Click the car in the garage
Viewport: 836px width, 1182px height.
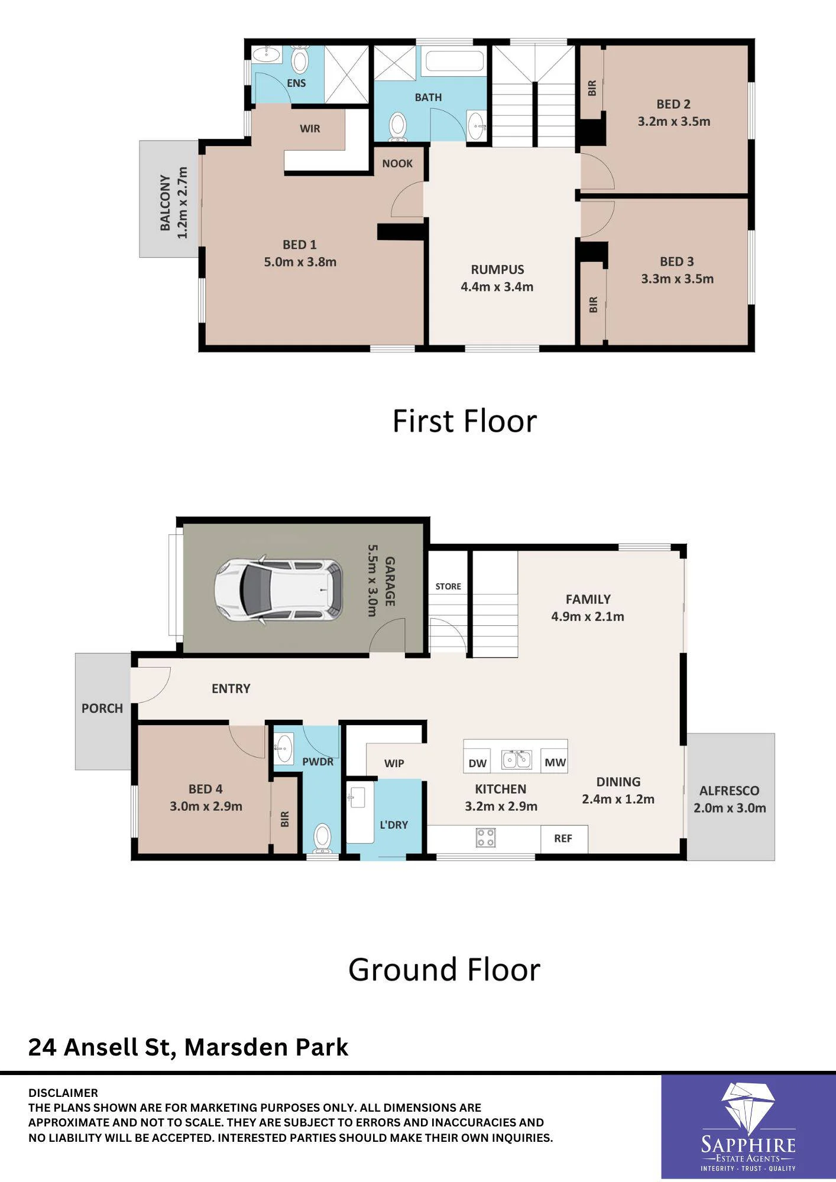(278, 589)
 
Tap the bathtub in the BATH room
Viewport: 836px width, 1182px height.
(455, 61)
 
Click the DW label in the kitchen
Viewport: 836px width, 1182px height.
(477, 763)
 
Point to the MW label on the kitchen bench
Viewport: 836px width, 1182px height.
(555, 762)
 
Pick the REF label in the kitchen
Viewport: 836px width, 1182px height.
(563, 838)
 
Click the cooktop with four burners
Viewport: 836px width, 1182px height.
(486, 837)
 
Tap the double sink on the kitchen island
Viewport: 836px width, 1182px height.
(517, 759)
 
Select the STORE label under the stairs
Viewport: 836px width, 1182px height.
(448, 586)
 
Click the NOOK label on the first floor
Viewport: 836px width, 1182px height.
(397, 164)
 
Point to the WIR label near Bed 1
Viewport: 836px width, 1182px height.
(310, 128)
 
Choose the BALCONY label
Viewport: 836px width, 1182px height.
(166, 202)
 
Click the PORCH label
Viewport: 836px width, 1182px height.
(102, 708)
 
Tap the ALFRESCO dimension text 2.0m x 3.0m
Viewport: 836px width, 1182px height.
(730, 808)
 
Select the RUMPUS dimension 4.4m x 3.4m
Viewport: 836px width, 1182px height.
(497, 287)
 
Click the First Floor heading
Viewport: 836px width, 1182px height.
(465, 421)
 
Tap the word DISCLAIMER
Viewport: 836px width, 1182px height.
(63, 1093)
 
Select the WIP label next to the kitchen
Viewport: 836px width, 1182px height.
(394, 763)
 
